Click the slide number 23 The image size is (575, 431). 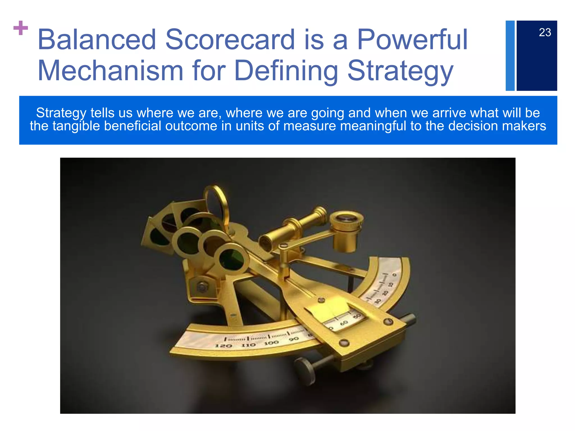point(545,33)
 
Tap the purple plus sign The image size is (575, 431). point(21,28)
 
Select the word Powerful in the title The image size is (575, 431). point(412,40)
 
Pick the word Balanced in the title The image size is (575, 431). point(97,40)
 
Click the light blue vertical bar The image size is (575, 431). point(510,56)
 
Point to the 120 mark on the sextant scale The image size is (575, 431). point(223,346)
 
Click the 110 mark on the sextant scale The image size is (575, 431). point(248,345)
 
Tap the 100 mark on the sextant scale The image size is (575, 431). point(271,343)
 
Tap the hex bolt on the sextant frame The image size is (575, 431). point(202,287)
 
